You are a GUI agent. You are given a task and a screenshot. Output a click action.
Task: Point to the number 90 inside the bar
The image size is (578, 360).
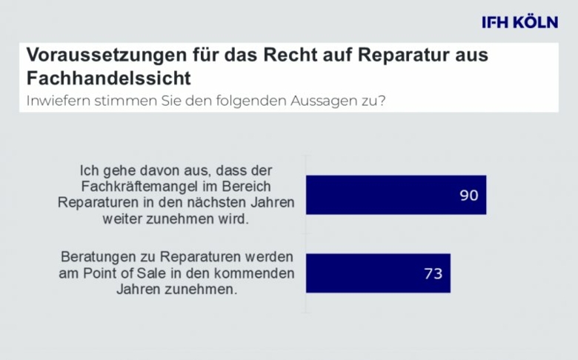pos(468,196)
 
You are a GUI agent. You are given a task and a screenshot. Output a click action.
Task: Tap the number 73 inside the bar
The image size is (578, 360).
pos(433,273)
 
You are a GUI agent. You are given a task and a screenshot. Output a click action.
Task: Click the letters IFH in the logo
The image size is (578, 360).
pos(495,22)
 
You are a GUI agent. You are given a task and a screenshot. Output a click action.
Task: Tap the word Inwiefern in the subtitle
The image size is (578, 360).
pos(55,101)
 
